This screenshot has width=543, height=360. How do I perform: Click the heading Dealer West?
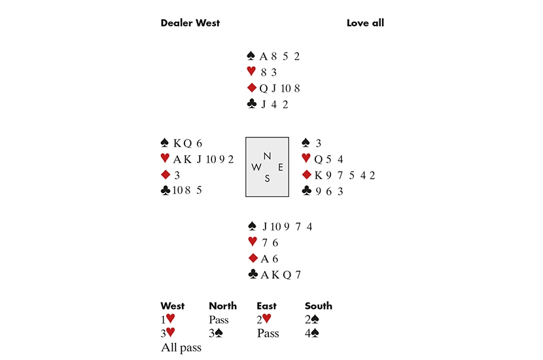[190, 23]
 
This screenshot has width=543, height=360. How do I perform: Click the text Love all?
[365, 23]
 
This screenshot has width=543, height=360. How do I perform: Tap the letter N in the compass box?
[267, 156]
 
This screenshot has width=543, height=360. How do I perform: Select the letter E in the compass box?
[281, 168]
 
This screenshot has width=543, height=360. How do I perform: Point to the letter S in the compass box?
[267, 179]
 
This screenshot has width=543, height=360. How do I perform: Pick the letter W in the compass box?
[256, 168]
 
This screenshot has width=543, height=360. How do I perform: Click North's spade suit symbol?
[251, 56]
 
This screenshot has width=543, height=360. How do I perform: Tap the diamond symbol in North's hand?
[252, 88]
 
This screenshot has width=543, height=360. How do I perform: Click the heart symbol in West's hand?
[165, 158]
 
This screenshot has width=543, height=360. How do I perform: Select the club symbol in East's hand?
[306, 190]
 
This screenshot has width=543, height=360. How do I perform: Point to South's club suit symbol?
[253, 274]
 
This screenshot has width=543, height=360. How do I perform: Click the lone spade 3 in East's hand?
[318, 143]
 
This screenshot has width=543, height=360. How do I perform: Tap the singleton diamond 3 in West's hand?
[177, 175]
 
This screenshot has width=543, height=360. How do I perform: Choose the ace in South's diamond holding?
[265, 259]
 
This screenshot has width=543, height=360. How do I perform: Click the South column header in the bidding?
[318, 306]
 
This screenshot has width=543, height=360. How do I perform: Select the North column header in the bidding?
[222, 306]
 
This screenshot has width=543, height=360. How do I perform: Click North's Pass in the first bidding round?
[219, 320]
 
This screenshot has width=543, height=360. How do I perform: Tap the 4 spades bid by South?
[311, 333]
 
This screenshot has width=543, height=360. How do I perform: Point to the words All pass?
[181, 348]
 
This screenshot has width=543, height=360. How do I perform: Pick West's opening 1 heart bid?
[168, 319]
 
